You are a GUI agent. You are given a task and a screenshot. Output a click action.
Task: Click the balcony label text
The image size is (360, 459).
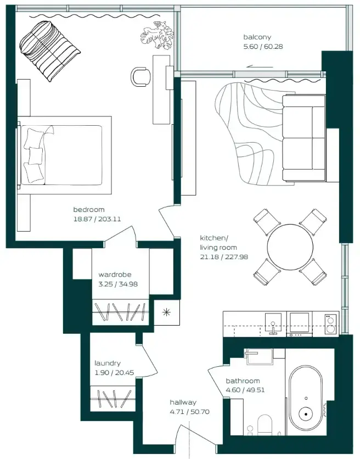point(257,37)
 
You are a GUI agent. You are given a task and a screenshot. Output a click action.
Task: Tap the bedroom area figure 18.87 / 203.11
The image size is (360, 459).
point(97,219)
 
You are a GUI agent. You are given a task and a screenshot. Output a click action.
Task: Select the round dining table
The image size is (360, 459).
point(290,247)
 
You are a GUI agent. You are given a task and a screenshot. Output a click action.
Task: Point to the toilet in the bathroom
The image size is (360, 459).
point(265,425)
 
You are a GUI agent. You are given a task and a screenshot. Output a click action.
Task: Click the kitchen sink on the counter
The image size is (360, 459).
point(273,323)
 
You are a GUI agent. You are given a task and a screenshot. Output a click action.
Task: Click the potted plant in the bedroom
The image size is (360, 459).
point(157,35)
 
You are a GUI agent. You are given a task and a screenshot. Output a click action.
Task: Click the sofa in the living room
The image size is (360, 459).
point(304,138)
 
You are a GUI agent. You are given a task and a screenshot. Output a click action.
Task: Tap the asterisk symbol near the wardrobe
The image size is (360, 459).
point(166,312)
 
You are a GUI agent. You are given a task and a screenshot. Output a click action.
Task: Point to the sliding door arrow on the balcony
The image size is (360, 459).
point(260,67)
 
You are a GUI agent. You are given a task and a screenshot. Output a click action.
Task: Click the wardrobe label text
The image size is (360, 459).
point(115,275)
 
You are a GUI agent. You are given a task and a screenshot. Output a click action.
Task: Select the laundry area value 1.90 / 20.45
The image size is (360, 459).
point(114,373)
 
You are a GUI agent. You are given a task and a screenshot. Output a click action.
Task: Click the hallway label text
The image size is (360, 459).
point(183,402)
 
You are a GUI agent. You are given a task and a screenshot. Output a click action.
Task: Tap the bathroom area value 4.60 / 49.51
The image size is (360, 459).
point(245,390)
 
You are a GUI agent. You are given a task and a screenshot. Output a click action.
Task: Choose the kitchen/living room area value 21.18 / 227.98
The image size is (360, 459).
point(224,257)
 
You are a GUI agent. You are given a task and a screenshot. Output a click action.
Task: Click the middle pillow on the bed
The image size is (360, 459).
point(36,156)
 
